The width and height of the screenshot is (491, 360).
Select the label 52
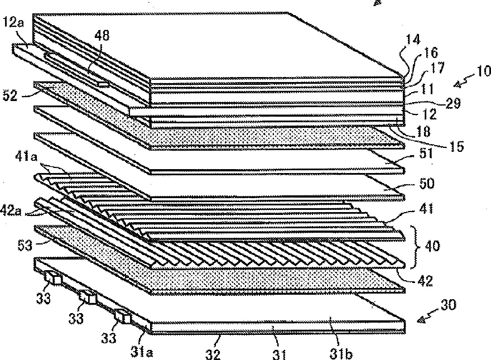tap(10, 97)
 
